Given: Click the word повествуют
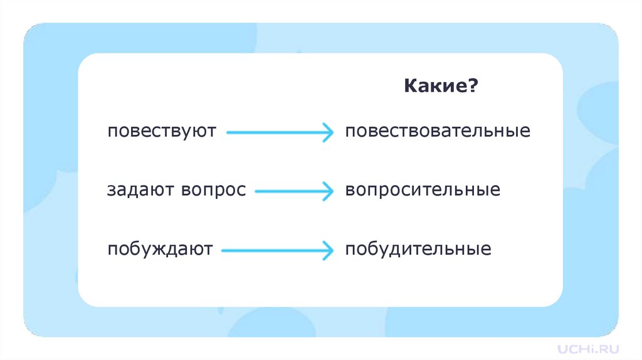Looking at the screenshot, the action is (161, 132).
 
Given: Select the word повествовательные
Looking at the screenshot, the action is (438, 132).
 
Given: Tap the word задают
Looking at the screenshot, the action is (141, 190).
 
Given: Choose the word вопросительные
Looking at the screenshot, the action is (423, 190).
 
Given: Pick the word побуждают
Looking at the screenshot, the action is (160, 249).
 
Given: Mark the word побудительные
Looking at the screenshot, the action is (418, 249).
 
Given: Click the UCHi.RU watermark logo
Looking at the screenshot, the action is (589, 347).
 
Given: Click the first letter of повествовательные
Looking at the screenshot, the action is (349, 132).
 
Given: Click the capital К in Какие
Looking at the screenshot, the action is (409, 85).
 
